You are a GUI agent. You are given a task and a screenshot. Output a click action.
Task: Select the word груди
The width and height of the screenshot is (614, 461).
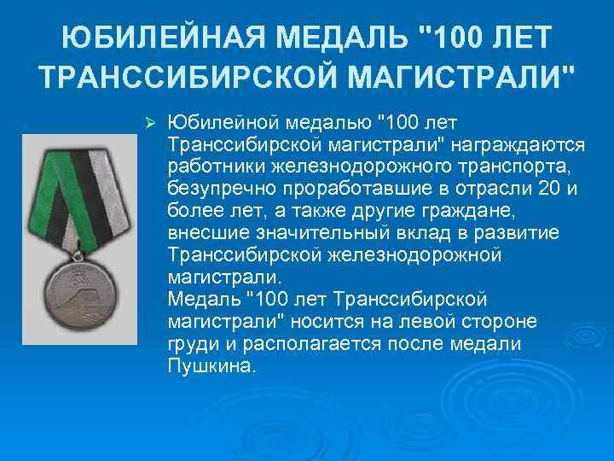point(191,344)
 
